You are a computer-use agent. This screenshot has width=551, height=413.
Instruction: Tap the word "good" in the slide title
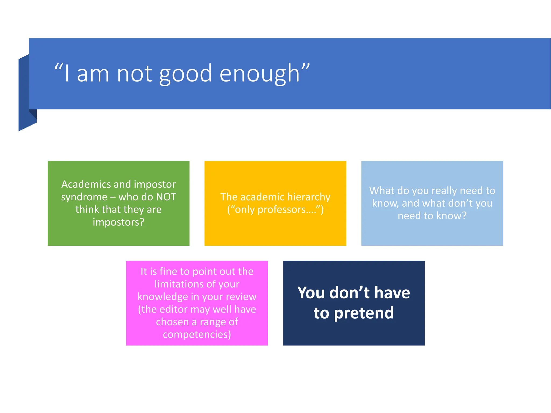pyautogui.click(x=186, y=73)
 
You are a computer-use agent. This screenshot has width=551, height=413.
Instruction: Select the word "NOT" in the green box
pyautogui.click(x=166, y=197)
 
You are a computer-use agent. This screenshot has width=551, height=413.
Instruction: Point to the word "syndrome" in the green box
pyautogui.click(x=84, y=197)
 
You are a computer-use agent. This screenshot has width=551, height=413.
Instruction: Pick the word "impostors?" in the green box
pyautogui.click(x=118, y=222)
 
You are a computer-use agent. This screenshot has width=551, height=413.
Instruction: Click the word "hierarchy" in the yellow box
pyautogui.click(x=309, y=197)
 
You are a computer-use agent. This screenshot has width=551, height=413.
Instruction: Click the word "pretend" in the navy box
pyautogui.click(x=364, y=313)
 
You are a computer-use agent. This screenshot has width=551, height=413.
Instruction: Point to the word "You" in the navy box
pyautogui.click(x=311, y=293)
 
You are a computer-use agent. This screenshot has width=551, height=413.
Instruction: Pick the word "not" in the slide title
pyautogui.click(x=134, y=73)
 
